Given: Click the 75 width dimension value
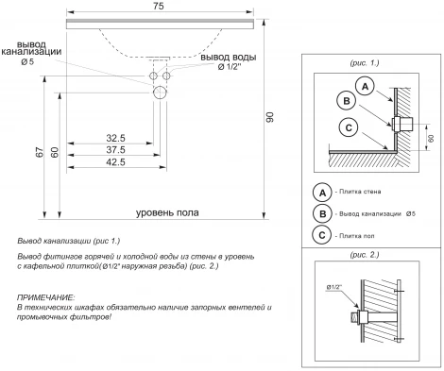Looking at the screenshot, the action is [159, 6].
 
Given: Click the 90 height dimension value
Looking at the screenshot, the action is [270, 117].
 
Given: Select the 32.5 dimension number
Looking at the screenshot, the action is [115, 138].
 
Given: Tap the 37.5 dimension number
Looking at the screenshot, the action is [115, 150].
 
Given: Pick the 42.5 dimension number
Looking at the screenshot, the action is [115, 162].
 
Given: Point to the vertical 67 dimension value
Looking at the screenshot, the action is [40, 152].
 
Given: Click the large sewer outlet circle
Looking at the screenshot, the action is [160, 93].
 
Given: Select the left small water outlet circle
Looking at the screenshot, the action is [153, 76].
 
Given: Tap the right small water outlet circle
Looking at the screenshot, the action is [166, 76].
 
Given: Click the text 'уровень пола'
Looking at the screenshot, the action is [167, 212].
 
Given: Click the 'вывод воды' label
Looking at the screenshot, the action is [229, 58].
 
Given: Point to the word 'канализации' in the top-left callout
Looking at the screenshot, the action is [31, 52].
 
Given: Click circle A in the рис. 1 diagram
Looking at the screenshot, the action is [365, 86].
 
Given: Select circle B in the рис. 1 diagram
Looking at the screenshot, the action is [347, 101].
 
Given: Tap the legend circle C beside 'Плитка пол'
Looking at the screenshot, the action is [322, 235].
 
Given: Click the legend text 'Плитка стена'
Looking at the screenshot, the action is [360, 192].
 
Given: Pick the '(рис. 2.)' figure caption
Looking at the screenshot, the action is [365, 254].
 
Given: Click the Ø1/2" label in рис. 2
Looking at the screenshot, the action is [334, 287].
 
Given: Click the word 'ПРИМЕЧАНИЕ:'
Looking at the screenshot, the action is [46, 297].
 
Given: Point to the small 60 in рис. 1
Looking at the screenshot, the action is [431, 138].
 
